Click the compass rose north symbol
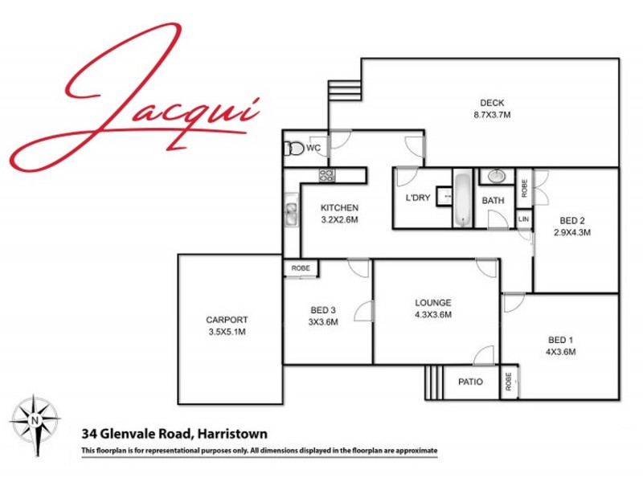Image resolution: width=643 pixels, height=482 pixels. (34, 419)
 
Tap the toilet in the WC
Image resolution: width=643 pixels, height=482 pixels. (294, 149)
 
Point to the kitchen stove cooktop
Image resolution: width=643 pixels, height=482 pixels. (326, 175)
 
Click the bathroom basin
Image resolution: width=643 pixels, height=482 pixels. (497, 176)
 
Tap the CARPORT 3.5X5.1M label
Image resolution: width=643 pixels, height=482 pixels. (226, 325)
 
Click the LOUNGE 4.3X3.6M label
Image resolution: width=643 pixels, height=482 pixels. (433, 308)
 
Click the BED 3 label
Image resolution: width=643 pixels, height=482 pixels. (324, 316)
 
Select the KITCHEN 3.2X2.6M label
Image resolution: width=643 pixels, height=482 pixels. (338, 212)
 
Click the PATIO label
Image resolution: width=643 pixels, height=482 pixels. (470, 382)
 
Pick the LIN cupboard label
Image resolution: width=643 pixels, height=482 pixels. (523, 219)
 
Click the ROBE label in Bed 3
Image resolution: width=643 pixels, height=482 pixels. (301, 268)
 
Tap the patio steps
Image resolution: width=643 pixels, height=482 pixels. (434, 382)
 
